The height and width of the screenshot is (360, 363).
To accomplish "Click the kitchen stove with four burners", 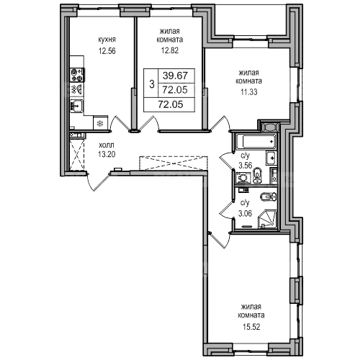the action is coord(77,75).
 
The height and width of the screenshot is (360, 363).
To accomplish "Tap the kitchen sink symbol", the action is coord(76,106).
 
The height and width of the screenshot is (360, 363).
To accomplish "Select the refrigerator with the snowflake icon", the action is coord(99,123).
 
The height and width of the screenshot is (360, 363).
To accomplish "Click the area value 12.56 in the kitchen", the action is coord(107,51).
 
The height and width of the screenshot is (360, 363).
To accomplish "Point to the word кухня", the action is coord(107,40).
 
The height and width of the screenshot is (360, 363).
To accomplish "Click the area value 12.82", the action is coord(170,50).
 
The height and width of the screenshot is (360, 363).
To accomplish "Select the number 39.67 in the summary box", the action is coord(175,76).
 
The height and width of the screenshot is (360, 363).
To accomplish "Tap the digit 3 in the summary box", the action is coord(151,84).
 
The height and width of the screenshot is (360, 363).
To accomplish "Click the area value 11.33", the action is coord(249,91).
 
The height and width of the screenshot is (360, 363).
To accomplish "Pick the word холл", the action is coord(107,145).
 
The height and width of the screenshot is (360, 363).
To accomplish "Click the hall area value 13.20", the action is coord(107,154).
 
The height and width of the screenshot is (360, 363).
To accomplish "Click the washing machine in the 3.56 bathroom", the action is coord(243,179).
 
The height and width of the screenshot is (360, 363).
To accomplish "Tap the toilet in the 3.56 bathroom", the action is coord(257,175).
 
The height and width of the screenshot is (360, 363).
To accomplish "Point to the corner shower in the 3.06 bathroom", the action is coord(267,219).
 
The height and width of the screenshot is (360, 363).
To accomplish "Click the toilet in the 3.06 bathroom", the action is coord(269,197).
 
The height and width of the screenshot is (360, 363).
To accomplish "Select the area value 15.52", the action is coord(251,327).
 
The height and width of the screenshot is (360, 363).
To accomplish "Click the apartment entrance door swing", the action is coord(99,182).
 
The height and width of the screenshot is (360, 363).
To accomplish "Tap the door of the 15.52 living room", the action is coord(220,240).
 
